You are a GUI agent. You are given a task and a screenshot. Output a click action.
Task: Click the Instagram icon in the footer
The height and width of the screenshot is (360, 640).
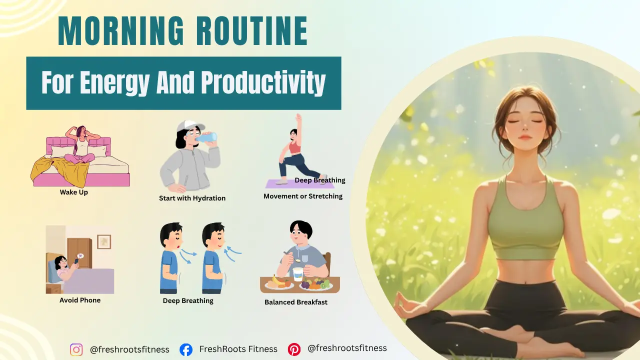coord(76,349)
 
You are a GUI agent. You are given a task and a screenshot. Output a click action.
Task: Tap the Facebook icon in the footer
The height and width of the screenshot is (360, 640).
coord(186,349)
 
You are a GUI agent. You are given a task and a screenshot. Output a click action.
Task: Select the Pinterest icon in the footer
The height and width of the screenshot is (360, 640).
coord(294,349)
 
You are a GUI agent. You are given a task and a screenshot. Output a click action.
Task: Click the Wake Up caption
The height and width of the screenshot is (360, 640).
coord(73,192)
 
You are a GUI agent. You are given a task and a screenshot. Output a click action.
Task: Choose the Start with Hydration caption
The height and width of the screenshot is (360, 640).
coord(192,198)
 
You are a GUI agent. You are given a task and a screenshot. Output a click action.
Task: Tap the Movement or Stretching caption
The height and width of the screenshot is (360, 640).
coord(303,196)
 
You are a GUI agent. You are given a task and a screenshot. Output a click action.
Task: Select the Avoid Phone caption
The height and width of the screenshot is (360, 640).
coord(80,300)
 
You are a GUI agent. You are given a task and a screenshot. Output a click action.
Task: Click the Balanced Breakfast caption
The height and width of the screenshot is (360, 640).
coord(296,302)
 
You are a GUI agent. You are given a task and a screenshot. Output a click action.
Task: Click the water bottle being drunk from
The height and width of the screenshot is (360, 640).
coord(207,136)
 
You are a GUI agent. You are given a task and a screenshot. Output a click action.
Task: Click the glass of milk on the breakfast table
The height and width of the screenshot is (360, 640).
coord(298,274)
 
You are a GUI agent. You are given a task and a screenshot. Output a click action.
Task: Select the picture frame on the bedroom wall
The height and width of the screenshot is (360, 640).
coord(104,241)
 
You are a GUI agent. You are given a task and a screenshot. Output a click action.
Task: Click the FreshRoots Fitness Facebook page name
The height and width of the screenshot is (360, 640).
coord(238,349)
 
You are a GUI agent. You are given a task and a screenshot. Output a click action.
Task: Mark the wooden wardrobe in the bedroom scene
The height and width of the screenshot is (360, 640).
coord(80,253)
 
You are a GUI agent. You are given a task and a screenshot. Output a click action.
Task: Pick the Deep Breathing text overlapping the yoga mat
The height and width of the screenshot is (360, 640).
coord(320,180)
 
